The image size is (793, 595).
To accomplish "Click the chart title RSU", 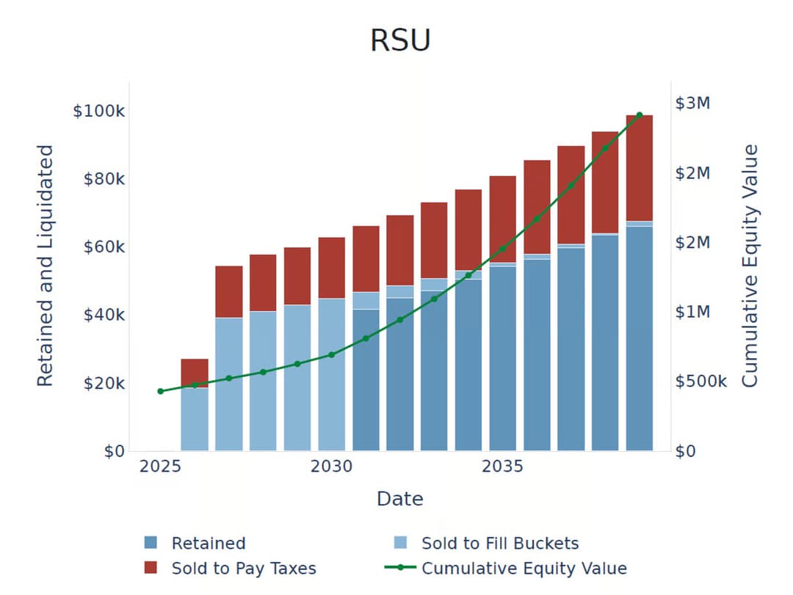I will tap(400, 40).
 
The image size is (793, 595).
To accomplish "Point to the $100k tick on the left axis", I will tap(98, 112).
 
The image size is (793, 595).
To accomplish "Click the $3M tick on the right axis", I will tap(692, 103).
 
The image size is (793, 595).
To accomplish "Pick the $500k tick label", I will tap(700, 382).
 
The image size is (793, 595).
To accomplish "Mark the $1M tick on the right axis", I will tap(692, 312).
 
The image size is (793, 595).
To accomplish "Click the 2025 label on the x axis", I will tap(160, 467).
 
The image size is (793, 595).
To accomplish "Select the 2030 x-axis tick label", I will tap(331, 467).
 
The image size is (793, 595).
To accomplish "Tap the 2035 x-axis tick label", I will tap(502, 467).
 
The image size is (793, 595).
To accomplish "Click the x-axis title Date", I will tap(400, 499).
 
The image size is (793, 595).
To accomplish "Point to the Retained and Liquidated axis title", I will tap(46, 266).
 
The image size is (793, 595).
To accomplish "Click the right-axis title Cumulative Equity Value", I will tap(749, 266).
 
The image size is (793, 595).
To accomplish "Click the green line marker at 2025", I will tap(160, 391).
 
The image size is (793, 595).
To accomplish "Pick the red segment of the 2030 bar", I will tap(331, 268).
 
